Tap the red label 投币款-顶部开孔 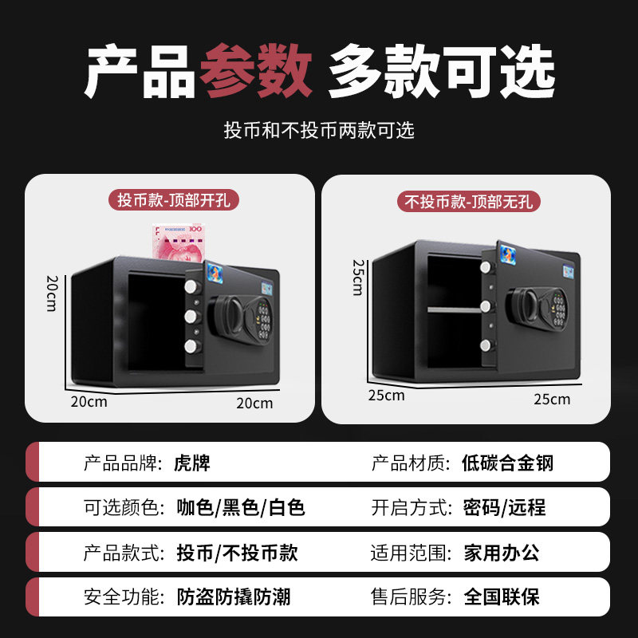coord(174,200)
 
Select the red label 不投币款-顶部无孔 coord(469,202)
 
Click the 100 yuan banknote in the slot coord(179,242)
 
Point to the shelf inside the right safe coord(455,309)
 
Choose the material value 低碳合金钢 coord(507,463)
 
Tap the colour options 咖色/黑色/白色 coord(241,507)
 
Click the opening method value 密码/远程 coord(504,507)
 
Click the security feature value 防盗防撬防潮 coord(235,596)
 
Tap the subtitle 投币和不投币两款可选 coord(319,131)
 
